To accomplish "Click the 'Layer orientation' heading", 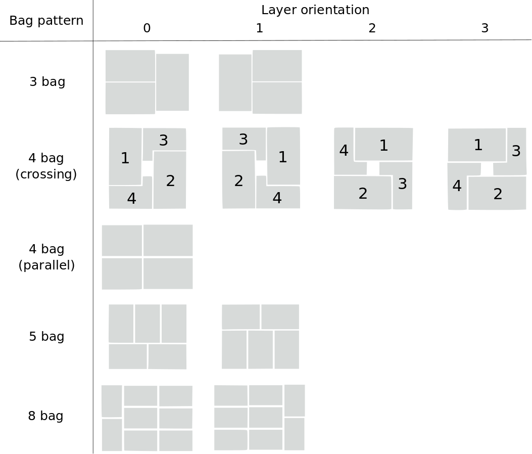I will click(315, 10).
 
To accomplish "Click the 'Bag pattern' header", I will click(46, 21).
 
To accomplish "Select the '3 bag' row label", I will click(47, 82).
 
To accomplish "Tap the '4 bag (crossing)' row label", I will click(46, 166).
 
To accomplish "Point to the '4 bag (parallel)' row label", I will click(46, 257).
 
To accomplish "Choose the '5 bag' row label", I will click(46, 337).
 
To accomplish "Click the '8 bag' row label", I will click(45, 416).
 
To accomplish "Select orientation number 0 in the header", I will click(147, 28).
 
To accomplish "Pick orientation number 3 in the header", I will click(485, 28).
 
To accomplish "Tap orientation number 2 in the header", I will click(372, 28).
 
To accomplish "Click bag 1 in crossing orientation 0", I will click(125, 158).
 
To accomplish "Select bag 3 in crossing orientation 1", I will click(243, 140).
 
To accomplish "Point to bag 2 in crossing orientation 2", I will click(362, 194).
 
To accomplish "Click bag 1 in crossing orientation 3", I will click(477, 145).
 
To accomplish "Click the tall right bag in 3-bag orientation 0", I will click(172, 82).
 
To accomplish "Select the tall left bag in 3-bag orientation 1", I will click(235, 82).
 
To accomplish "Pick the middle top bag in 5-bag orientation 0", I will click(147, 324).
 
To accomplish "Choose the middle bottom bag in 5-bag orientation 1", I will click(260, 349).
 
